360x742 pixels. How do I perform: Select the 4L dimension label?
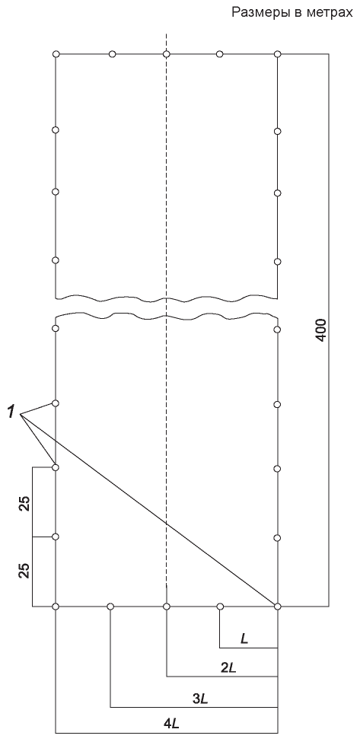pyautogui.click(x=171, y=723)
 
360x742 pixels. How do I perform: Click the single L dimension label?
pyautogui.click(x=244, y=639)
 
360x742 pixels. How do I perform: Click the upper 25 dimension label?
pyautogui.click(x=26, y=504)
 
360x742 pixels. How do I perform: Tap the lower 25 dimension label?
pyautogui.click(x=26, y=570)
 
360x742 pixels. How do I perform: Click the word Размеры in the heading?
pyautogui.click(x=258, y=13)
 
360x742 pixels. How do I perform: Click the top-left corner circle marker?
pyautogui.click(x=56, y=54)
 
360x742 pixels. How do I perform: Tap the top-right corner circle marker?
pyautogui.click(x=278, y=54)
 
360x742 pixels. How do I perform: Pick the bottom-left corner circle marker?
pyautogui.click(x=56, y=607)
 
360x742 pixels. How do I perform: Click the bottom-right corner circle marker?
pyautogui.click(x=278, y=607)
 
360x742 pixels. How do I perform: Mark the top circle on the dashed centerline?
pyautogui.click(x=167, y=54)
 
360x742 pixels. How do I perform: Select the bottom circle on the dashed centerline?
pyautogui.click(x=167, y=607)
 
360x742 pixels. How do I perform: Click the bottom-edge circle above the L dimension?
pyautogui.click(x=220, y=607)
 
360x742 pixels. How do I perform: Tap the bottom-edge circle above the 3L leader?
pyautogui.click(x=110, y=607)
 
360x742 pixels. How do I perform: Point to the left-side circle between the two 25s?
pyautogui.click(x=56, y=537)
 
